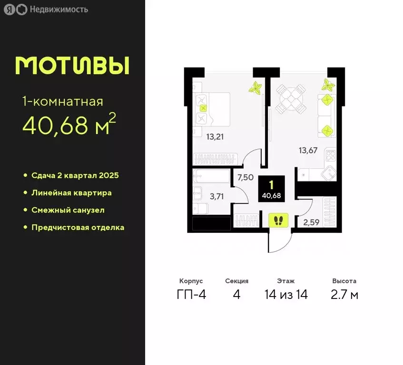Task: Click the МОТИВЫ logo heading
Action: click(72, 65)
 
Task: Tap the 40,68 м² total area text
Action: click(69, 125)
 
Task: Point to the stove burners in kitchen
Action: click(330, 156)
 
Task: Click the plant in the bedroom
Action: click(256, 88)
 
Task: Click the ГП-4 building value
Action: click(191, 295)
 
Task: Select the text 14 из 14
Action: click(286, 295)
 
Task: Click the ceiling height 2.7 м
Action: click(344, 295)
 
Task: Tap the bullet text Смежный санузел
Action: click(68, 210)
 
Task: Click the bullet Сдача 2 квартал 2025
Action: click(75, 175)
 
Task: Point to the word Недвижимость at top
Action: click(59, 10)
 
